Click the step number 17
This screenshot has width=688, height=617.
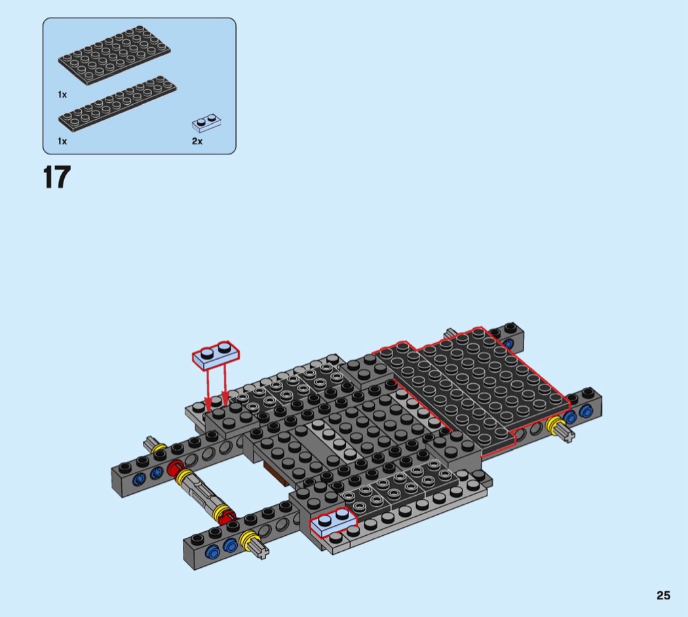pyautogui.click(x=56, y=177)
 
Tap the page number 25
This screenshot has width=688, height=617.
pyautogui.click(x=663, y=595)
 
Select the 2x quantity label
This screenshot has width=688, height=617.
pyautogui.click(x=197, y=141)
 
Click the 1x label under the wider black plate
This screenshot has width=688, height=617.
pyautogui.click(x=62, y=95)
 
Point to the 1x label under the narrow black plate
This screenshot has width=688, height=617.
pyautogui.click(x=62, y=141)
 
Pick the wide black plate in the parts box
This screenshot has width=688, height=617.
pyautogui.click(x=115, y=55)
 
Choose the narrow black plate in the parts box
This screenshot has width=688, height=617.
pyautogui.click(x=117, y=103)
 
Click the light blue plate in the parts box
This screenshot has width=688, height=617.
pyautogui.click(x=206, y=122)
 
